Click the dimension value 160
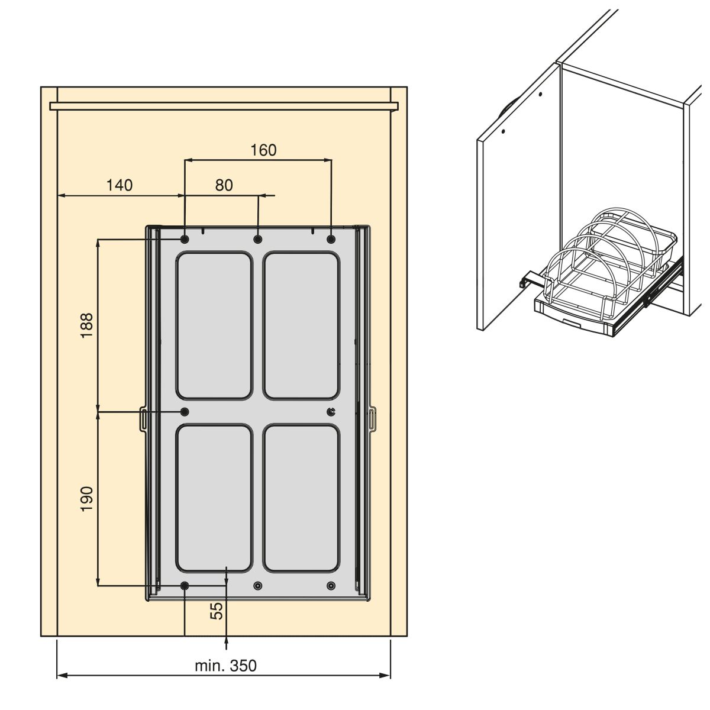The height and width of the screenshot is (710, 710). click(263, 150)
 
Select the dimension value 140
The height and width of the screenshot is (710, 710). click(120, 185)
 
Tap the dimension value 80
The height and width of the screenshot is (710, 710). click(224, 185)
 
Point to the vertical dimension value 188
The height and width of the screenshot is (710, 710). click(88, 325)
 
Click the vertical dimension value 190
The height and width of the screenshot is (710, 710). click(88, 499)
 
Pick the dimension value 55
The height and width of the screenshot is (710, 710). click(217, 611)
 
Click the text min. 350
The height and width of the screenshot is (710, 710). click(225, 666)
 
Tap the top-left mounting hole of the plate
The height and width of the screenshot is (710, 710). click(185, 240)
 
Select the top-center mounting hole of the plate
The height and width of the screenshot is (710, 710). click(258, 240)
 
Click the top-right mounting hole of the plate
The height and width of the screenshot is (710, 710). click(331, 240)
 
